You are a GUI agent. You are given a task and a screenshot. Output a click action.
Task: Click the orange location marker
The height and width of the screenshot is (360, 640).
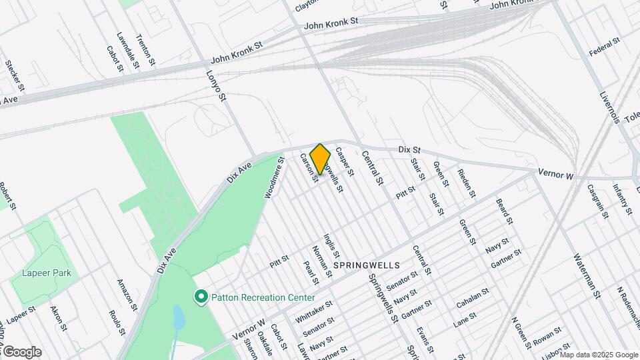click(x=320, y=159)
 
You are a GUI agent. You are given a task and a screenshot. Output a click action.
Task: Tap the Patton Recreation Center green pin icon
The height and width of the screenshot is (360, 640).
click(x=200, y=295)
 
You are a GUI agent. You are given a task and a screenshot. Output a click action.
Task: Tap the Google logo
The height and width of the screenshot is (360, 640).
click(x=22, y=351)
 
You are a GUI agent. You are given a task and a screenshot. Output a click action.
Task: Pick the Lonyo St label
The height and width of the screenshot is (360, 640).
click(x=217, y=86)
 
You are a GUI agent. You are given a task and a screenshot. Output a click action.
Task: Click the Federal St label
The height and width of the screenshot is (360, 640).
click(x=605, y=47)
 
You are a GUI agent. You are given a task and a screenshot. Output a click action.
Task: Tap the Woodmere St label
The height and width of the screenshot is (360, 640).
click(x=274, y=178)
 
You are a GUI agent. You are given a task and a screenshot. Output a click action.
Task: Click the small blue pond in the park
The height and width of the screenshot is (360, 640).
click(x=179, y=318)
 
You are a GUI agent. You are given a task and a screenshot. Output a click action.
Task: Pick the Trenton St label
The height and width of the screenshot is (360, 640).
click(x=145, y=49)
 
